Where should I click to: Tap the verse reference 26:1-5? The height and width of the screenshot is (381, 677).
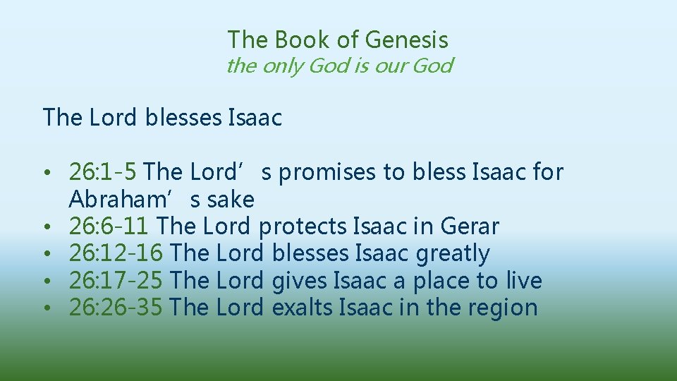coord(105,171)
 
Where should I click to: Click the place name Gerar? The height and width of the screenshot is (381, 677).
coord(469,226)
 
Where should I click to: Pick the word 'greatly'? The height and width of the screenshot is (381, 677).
coord(453,253)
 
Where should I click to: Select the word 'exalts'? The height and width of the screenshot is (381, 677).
coord(303,308)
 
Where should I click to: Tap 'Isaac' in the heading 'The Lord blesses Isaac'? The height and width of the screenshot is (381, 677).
coord(255,117)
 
